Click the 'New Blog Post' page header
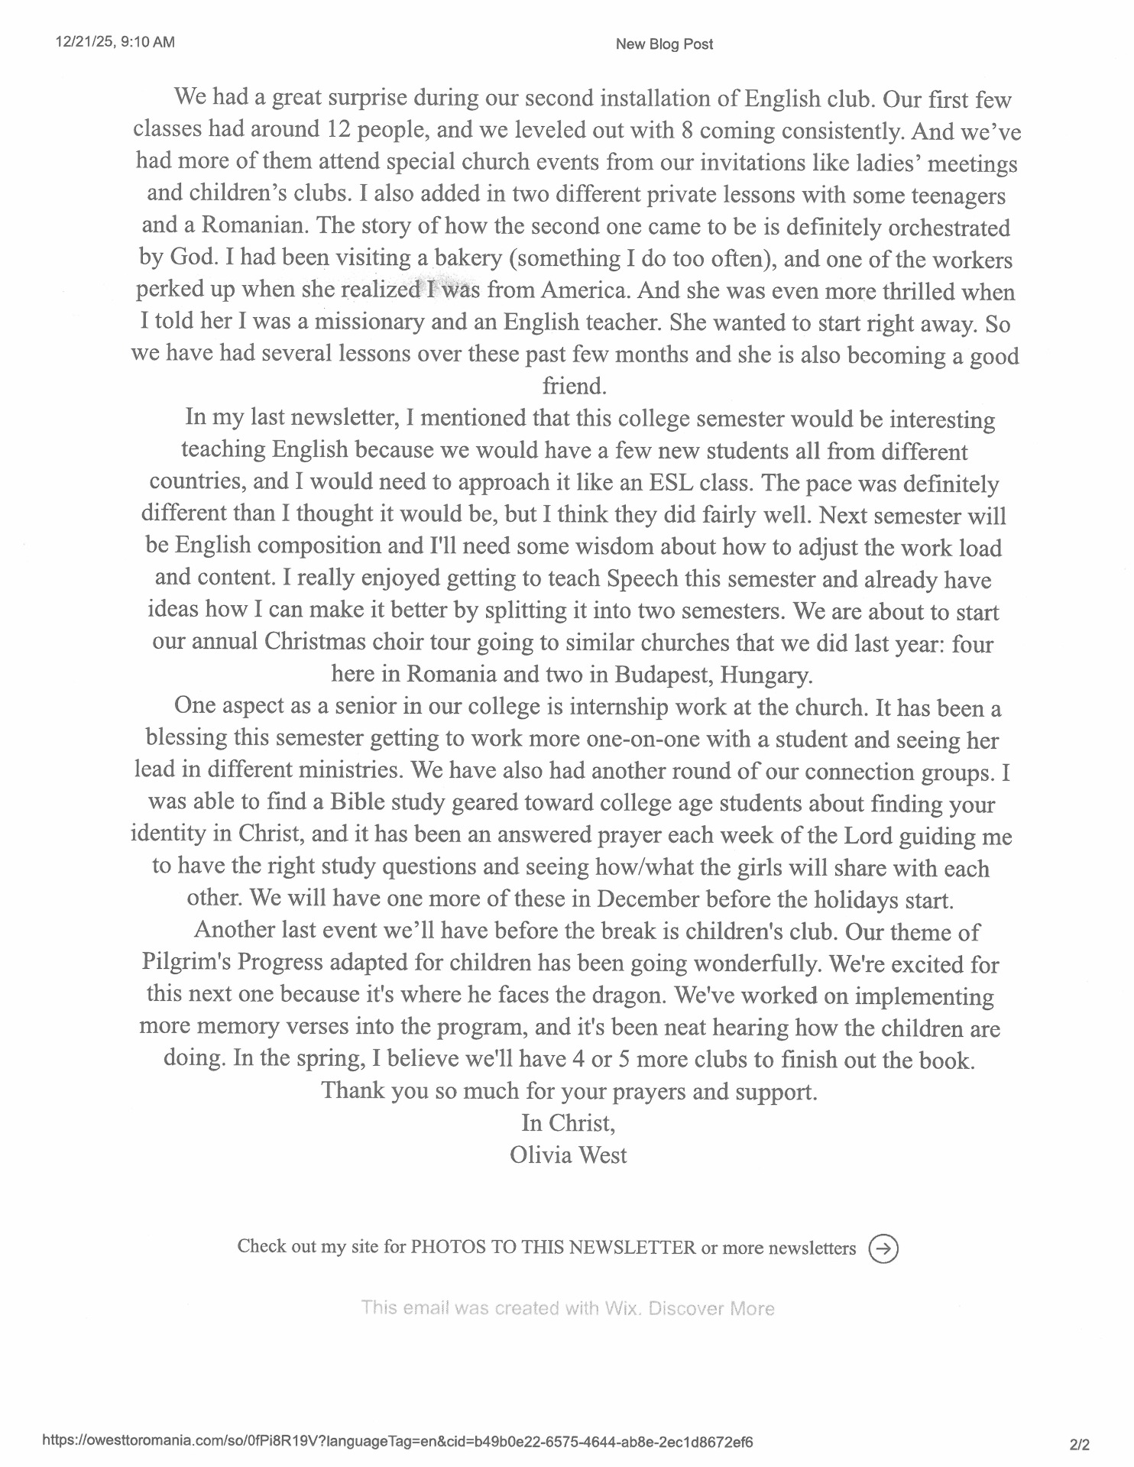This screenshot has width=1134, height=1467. pyautogui.click(x=663, y=44)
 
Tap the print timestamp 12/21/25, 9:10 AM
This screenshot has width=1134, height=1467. pyautogui.click(x=115, y=41)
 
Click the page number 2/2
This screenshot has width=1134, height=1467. pyautogui.click(x=1081, y=1444)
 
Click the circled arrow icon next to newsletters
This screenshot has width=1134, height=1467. pyautogui.click(x=883, y=1248)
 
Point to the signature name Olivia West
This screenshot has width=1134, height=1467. pyautogui.click(x=569, y=1154)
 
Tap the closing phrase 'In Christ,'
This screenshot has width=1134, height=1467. pyautogui.click(x=569, y=1122)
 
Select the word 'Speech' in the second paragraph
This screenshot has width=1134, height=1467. pyautogui.click(x=643, y=579)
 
